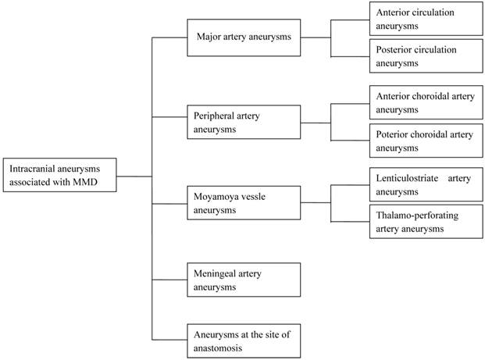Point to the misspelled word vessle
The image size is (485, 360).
point(261,195)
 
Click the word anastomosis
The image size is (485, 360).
point(219,348)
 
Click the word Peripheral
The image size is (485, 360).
point(216,116)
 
